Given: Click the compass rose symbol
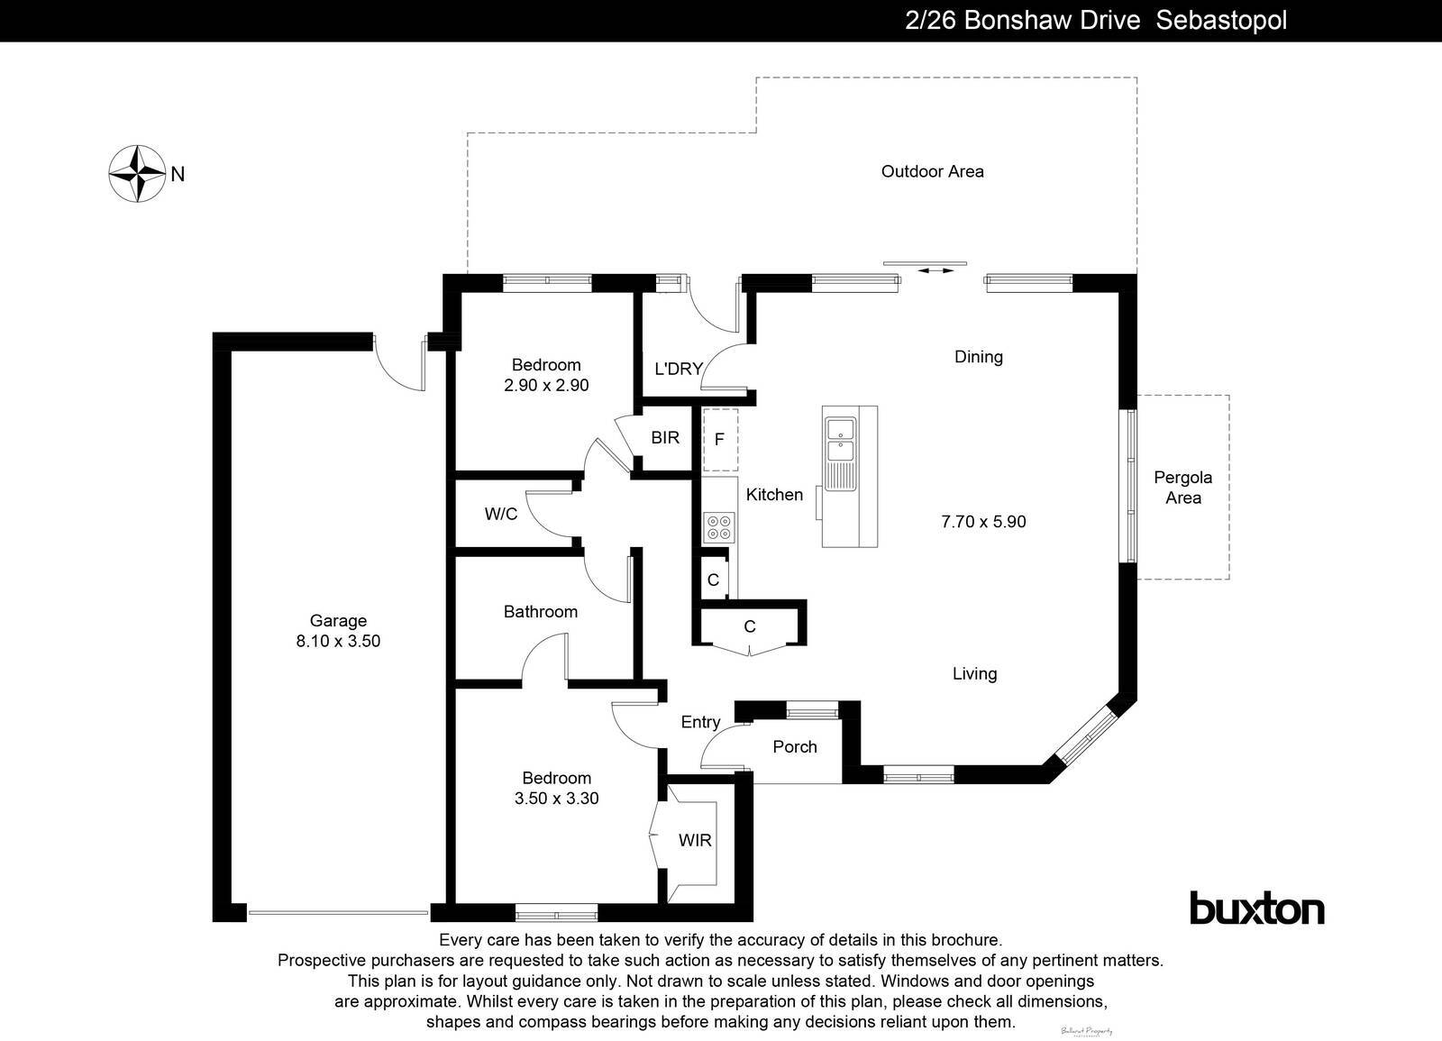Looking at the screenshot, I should point(137,173).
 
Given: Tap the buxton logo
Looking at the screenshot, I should point(1257,909).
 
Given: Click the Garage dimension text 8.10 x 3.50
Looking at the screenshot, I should point(338,641).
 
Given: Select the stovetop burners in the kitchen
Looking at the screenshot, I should point(719,526).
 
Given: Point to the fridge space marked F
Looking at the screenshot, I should point(719,440).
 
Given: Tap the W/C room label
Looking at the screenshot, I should point(501,514).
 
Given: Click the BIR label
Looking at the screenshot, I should point(665,438).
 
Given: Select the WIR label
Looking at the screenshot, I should point(695,840).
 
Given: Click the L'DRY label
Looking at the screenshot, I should point(678,369).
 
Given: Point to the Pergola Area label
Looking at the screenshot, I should point(1182,488).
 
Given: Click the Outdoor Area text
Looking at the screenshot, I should point(932,171).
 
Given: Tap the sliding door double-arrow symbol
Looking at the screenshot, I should point(935,270).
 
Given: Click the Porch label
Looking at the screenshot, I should point(795,746).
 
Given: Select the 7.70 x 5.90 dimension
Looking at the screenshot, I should point(983,521).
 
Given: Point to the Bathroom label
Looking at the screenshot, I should point(540,611).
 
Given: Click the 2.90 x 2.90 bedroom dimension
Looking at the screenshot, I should point(546,385).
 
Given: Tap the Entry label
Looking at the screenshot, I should point(700,722).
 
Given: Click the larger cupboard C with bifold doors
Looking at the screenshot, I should point(749,627).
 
